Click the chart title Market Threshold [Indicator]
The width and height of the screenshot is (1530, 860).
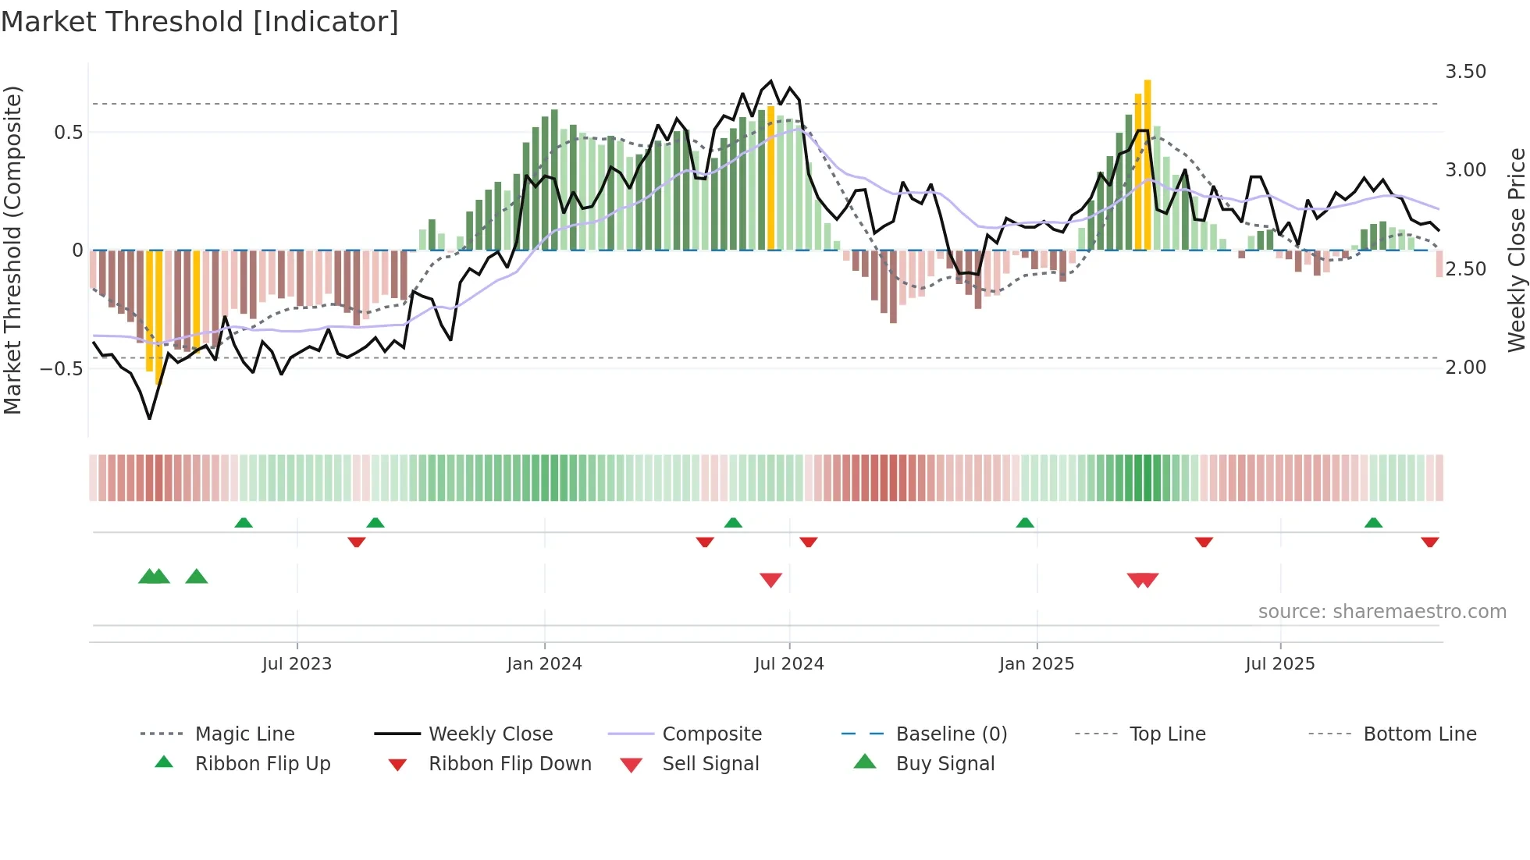[x=200, y=22]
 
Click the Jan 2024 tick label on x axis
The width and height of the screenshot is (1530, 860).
[x=544, y=664]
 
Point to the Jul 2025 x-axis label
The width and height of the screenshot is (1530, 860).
[x=1279, y=664]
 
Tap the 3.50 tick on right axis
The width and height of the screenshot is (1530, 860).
[x=1465, y=72]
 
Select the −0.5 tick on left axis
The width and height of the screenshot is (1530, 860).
[x=62, y=368]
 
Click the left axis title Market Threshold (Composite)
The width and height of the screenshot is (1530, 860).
[x=12, y=250]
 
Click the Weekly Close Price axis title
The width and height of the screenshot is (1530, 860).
[x=1516, y=250]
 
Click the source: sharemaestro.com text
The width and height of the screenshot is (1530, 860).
[x=1382, y=612]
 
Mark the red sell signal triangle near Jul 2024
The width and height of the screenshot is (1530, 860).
[x=770, y=580]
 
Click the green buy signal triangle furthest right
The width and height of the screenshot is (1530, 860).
[x=197, y=577]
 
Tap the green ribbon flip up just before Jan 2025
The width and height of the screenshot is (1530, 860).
[x=1025, y=523]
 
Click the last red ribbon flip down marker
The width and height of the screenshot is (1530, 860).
[x=1430, y=542]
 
